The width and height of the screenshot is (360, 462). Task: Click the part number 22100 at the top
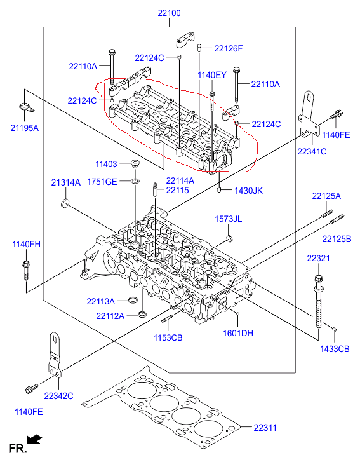point(170,13)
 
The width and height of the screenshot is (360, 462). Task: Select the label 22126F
point(229,48)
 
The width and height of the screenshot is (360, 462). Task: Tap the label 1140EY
point(212,75)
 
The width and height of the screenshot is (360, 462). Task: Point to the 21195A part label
point(25,128)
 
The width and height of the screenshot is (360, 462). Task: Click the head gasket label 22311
point(265,428)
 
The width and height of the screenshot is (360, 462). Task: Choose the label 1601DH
point(238,333)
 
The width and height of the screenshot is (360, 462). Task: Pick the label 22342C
point(58,396)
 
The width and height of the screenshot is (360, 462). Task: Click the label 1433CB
point(335,349)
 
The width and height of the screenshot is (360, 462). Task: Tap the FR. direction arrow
point(34,439)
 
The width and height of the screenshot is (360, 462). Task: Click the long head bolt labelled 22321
point(319,301)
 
